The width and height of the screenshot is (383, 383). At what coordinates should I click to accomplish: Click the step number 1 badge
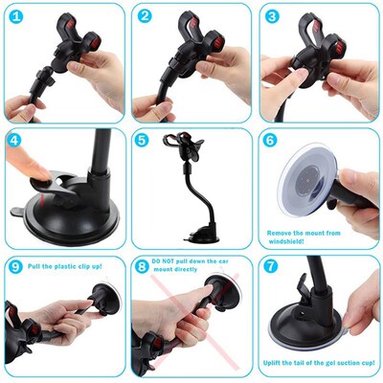(16, 16)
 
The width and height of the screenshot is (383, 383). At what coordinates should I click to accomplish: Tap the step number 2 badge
(144, 16)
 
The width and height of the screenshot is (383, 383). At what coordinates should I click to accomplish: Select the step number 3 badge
(271, 16)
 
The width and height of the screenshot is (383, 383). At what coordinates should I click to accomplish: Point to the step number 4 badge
(16, 141)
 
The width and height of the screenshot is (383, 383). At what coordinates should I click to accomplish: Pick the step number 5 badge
(144, 141)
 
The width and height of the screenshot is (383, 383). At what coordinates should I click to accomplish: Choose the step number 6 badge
(271, 141)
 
